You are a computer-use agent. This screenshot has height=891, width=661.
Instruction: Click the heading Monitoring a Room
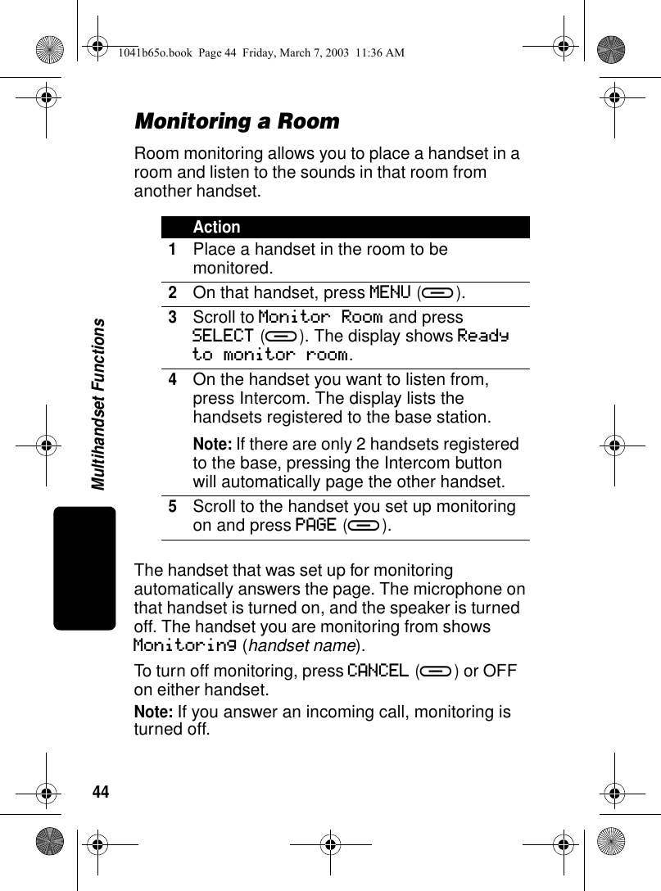(237, 122)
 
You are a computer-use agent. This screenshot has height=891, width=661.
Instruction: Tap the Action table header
(217, 227)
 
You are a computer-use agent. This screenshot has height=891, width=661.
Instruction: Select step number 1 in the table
(173, 249)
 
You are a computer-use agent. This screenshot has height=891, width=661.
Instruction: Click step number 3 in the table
(173, 317)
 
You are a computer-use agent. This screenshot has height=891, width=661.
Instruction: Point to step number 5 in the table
(173, 507)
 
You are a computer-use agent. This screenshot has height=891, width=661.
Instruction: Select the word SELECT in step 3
(223, 336)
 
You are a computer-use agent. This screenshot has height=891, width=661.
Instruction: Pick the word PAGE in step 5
(315, 524)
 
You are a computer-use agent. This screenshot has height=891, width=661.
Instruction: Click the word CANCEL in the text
(378, 671)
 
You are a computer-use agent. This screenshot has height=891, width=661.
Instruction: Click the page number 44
(100, 792)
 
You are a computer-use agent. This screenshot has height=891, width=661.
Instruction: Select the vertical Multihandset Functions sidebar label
(98, 405)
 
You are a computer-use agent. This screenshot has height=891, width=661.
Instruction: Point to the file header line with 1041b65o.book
(260, 53)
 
